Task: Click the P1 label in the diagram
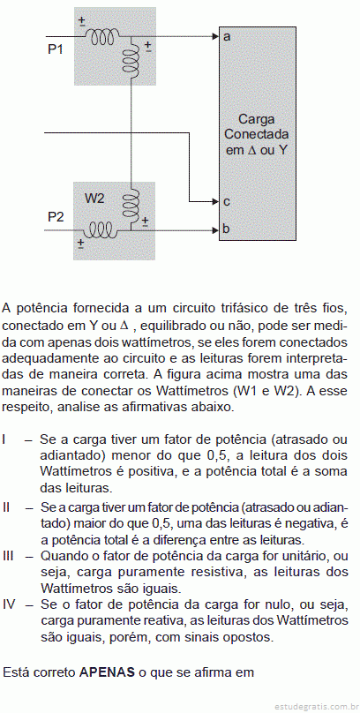coord(55,49)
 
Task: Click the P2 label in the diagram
coord(56,217)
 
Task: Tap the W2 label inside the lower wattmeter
coord(95,199)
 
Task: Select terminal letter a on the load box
coord(227,37)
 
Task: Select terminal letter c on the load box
coord(227,201)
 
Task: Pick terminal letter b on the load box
coord(227,229)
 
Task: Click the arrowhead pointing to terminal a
coord(215,36)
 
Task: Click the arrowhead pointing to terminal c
coord(215,201)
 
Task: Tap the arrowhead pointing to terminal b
coord(215,230)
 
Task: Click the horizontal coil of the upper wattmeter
coord(102,36)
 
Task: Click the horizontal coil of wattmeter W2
coord(101,229)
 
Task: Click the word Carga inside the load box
coord(257,120)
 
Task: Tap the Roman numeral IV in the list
coord(10,604)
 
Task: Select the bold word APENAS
coord(108,672)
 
